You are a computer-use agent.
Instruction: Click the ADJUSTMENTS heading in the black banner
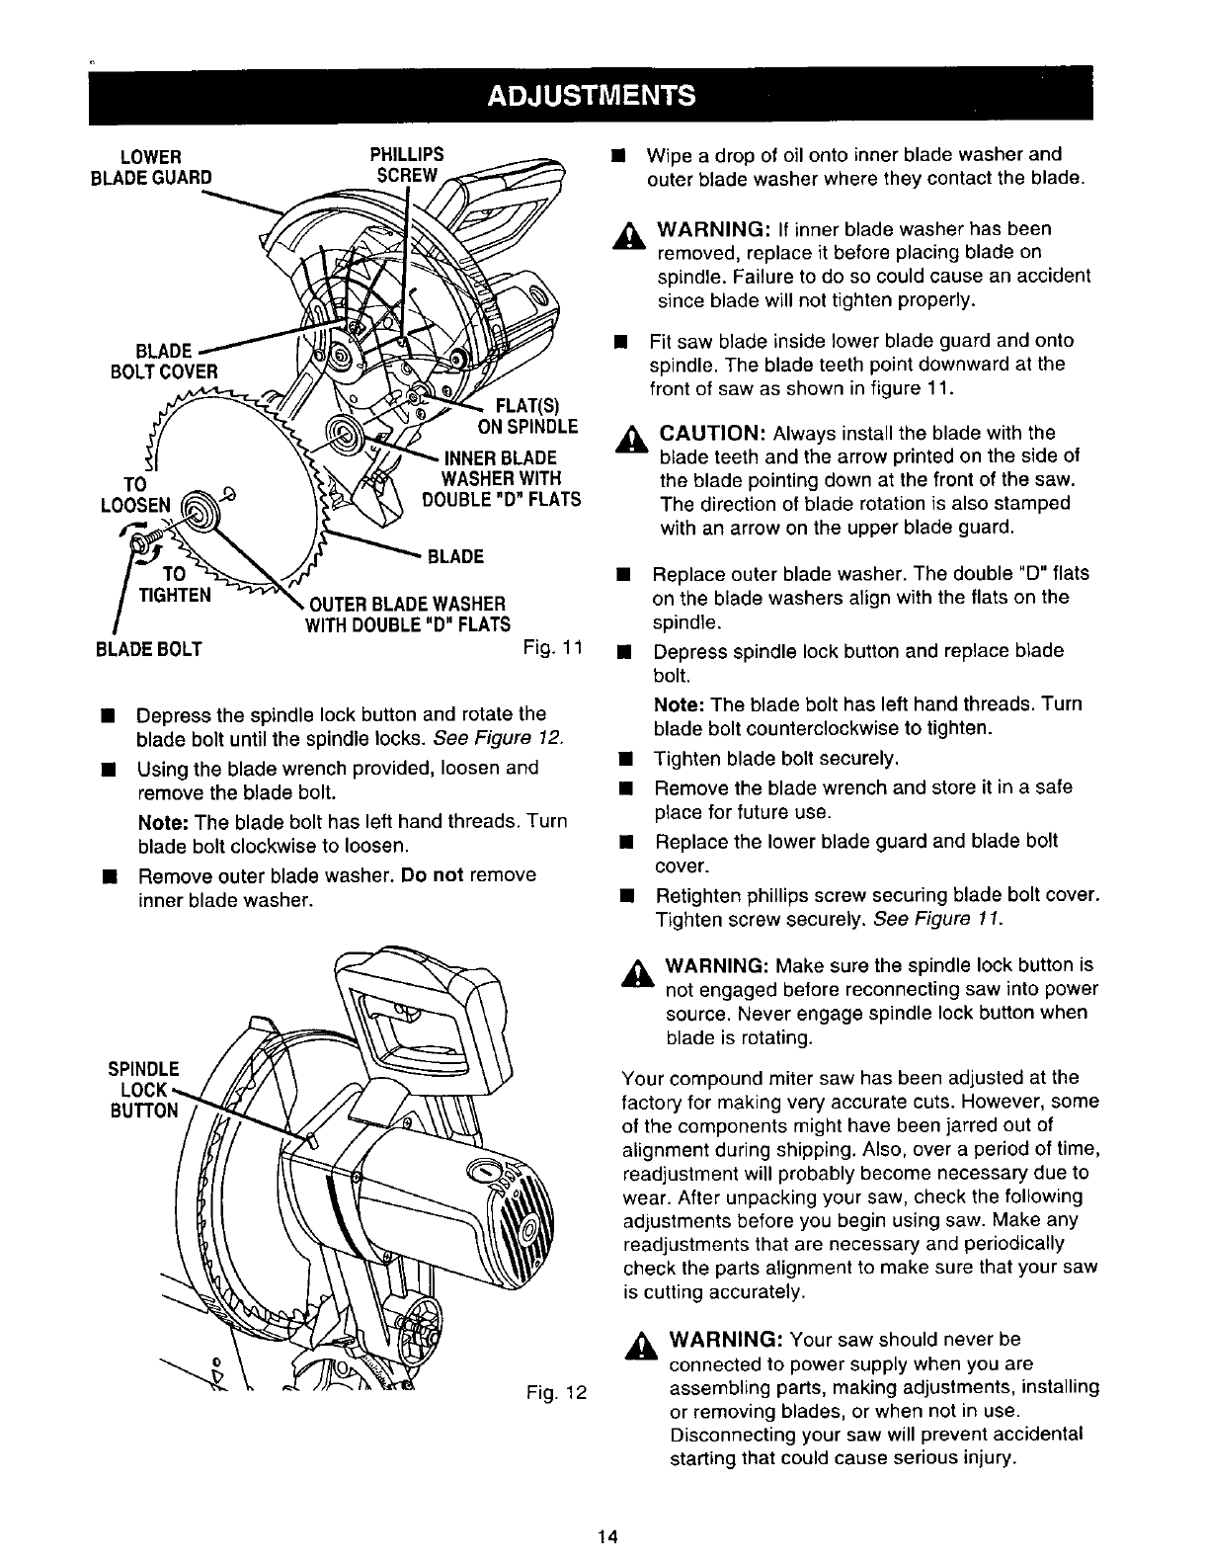click(x=592, y=95)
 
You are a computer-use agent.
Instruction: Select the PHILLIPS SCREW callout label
click(x=406, y=165)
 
